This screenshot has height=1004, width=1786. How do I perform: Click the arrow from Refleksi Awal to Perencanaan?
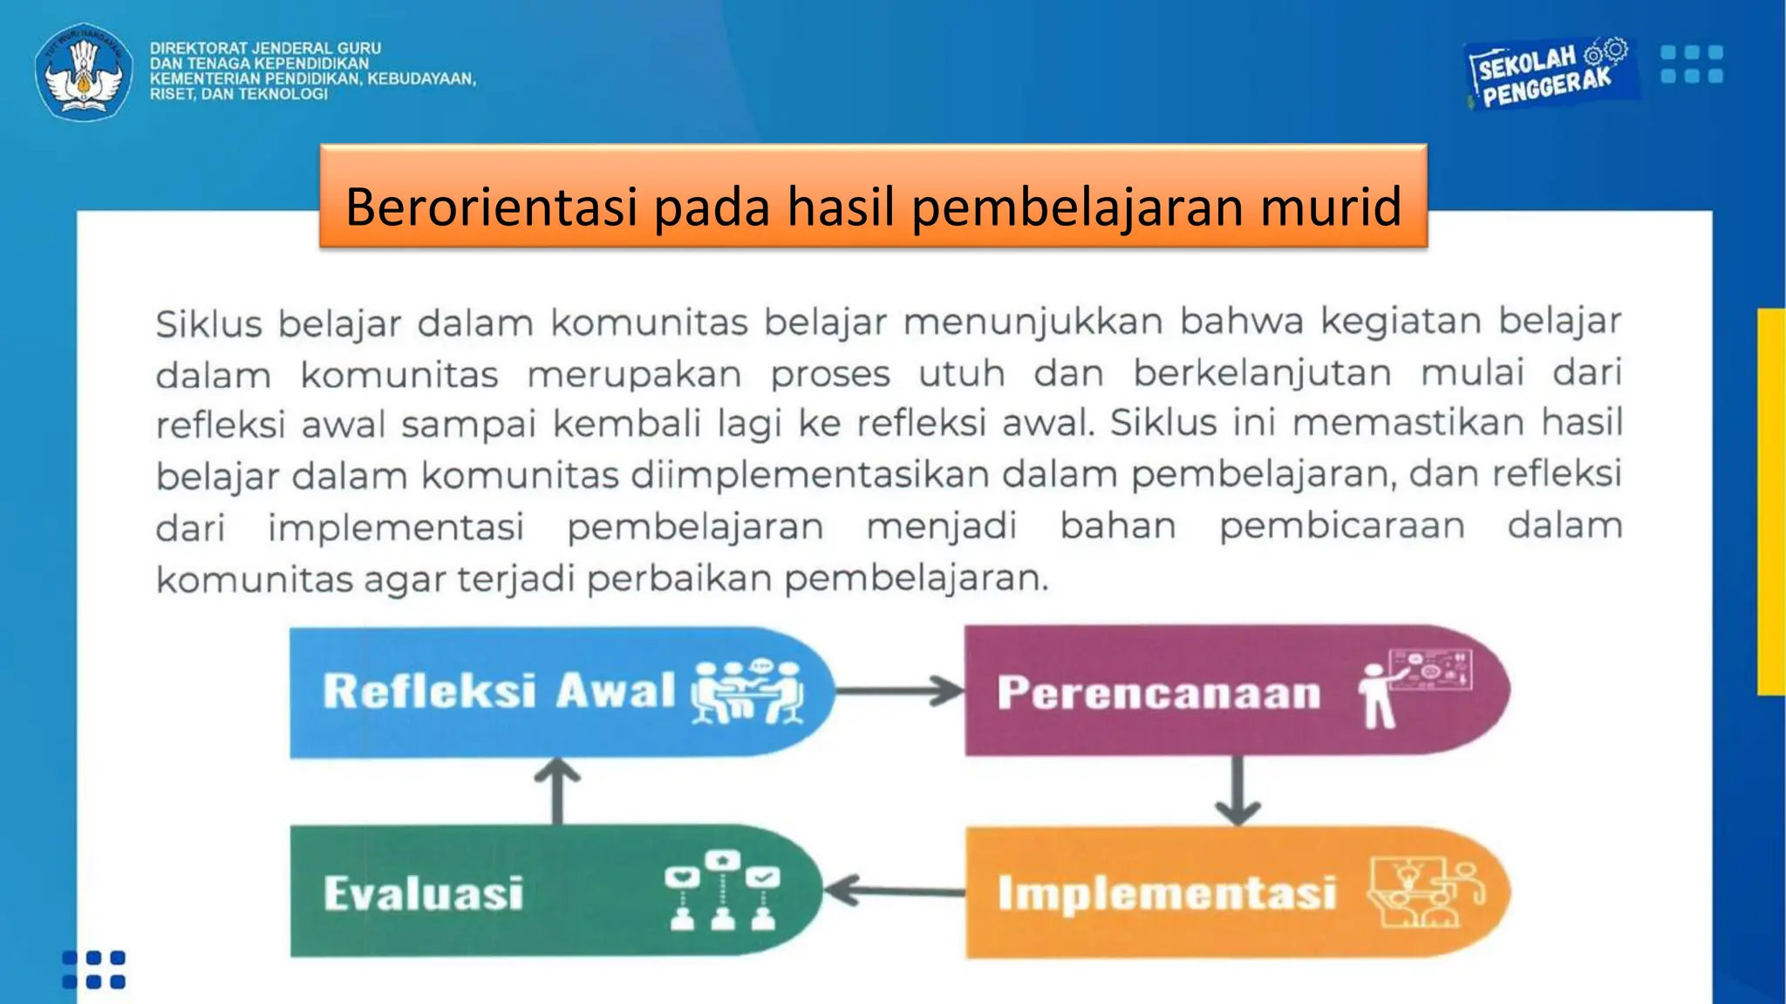[898, 691]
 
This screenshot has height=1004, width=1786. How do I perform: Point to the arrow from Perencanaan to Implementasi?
[1237, 790]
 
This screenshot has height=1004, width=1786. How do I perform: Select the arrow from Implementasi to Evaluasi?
[894, 891]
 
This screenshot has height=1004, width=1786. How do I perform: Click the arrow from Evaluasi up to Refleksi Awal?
[557, 790]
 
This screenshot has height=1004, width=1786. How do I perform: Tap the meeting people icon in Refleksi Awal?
[747, 692]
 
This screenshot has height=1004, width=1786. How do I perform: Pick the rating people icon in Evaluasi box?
[721, 891]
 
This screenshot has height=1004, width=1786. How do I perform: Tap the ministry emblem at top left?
[84, 71]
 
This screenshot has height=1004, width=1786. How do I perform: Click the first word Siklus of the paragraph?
[208, 324]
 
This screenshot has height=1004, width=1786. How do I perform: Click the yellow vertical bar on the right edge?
[1771, 501]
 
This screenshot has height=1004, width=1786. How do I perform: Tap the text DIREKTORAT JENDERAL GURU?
[265, 49]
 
